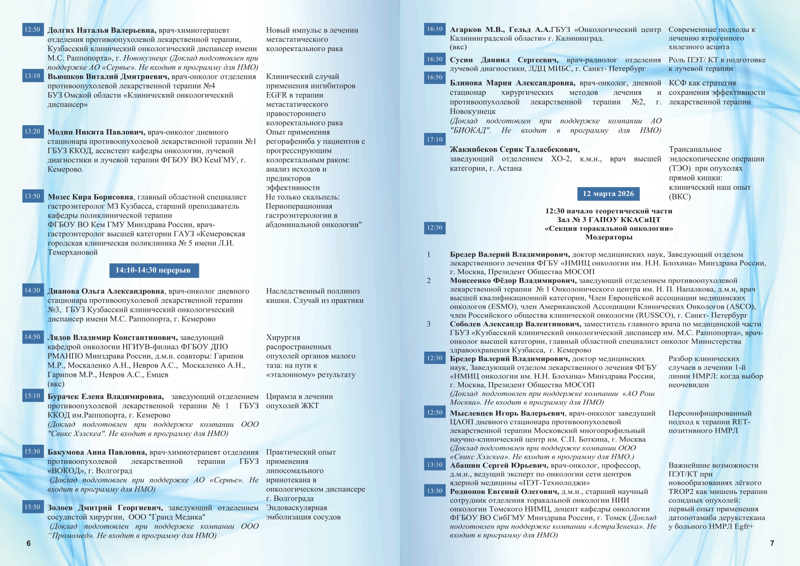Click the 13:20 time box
pos(32,131)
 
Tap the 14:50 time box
pos(32,337)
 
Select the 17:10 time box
pos(434,140)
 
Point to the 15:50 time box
pos(32,507)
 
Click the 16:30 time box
pos(434,59)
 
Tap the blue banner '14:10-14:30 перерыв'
pos(154,270)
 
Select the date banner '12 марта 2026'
pos(608,194)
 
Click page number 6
pos(29,543)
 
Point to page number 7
pos(772,543)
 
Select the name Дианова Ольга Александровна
pos(106,291)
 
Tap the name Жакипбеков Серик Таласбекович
pos(514,150)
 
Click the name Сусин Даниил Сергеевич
pos(504,60)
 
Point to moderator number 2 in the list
pos(428,280)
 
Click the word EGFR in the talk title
pos(276,95)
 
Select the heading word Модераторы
pos(608,237)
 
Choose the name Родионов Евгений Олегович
pos(504,492)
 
